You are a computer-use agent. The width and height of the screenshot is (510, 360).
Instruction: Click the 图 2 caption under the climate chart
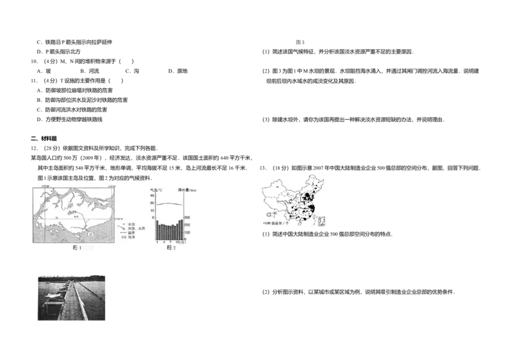point(170,248)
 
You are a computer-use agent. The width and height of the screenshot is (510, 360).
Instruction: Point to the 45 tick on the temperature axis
point(152,196)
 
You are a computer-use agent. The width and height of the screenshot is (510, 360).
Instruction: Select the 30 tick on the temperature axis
point(152,203)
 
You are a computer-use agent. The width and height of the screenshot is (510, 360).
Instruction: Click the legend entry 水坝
point(128,223)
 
